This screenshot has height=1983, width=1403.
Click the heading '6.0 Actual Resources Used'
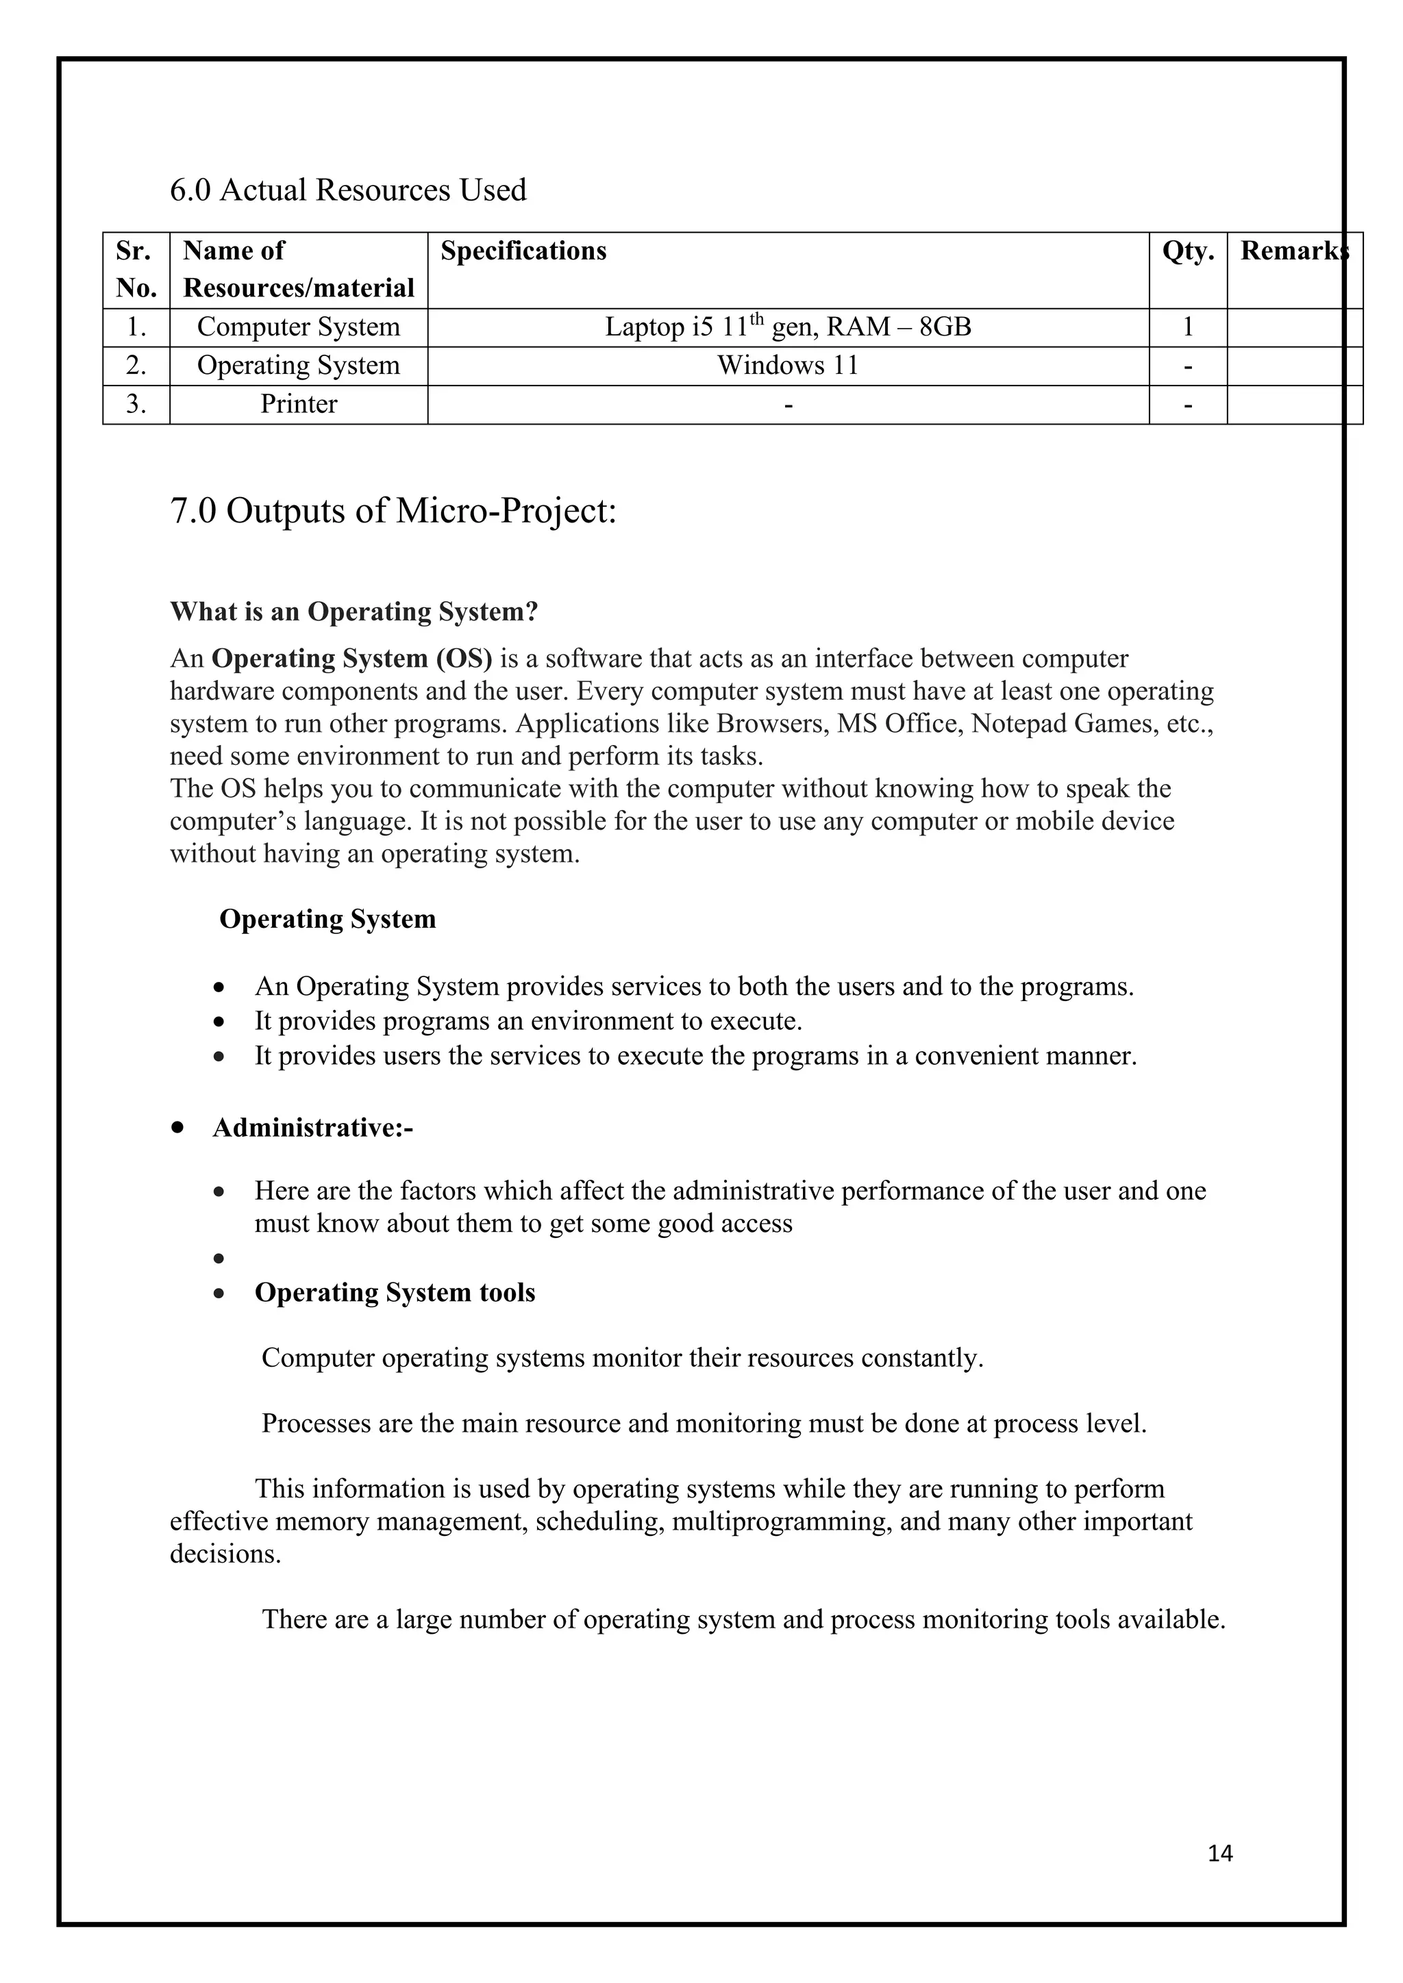347,190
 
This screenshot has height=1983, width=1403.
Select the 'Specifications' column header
523,251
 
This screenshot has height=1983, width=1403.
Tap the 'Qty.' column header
1188,251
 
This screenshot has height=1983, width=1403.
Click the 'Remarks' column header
1293,251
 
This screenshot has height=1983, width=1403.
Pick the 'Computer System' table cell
298,327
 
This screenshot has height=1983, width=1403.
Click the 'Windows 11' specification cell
787,366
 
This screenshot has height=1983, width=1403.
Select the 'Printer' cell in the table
298,404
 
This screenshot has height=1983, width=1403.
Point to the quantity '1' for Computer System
1188,327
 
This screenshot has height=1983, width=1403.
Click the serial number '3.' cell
136,404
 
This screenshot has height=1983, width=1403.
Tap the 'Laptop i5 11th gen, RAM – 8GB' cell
787,327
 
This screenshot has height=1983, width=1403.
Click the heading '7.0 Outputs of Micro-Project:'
393,511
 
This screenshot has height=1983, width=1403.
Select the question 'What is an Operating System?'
353,611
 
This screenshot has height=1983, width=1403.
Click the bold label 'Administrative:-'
313,1128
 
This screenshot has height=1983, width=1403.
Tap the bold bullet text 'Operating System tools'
394,1293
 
